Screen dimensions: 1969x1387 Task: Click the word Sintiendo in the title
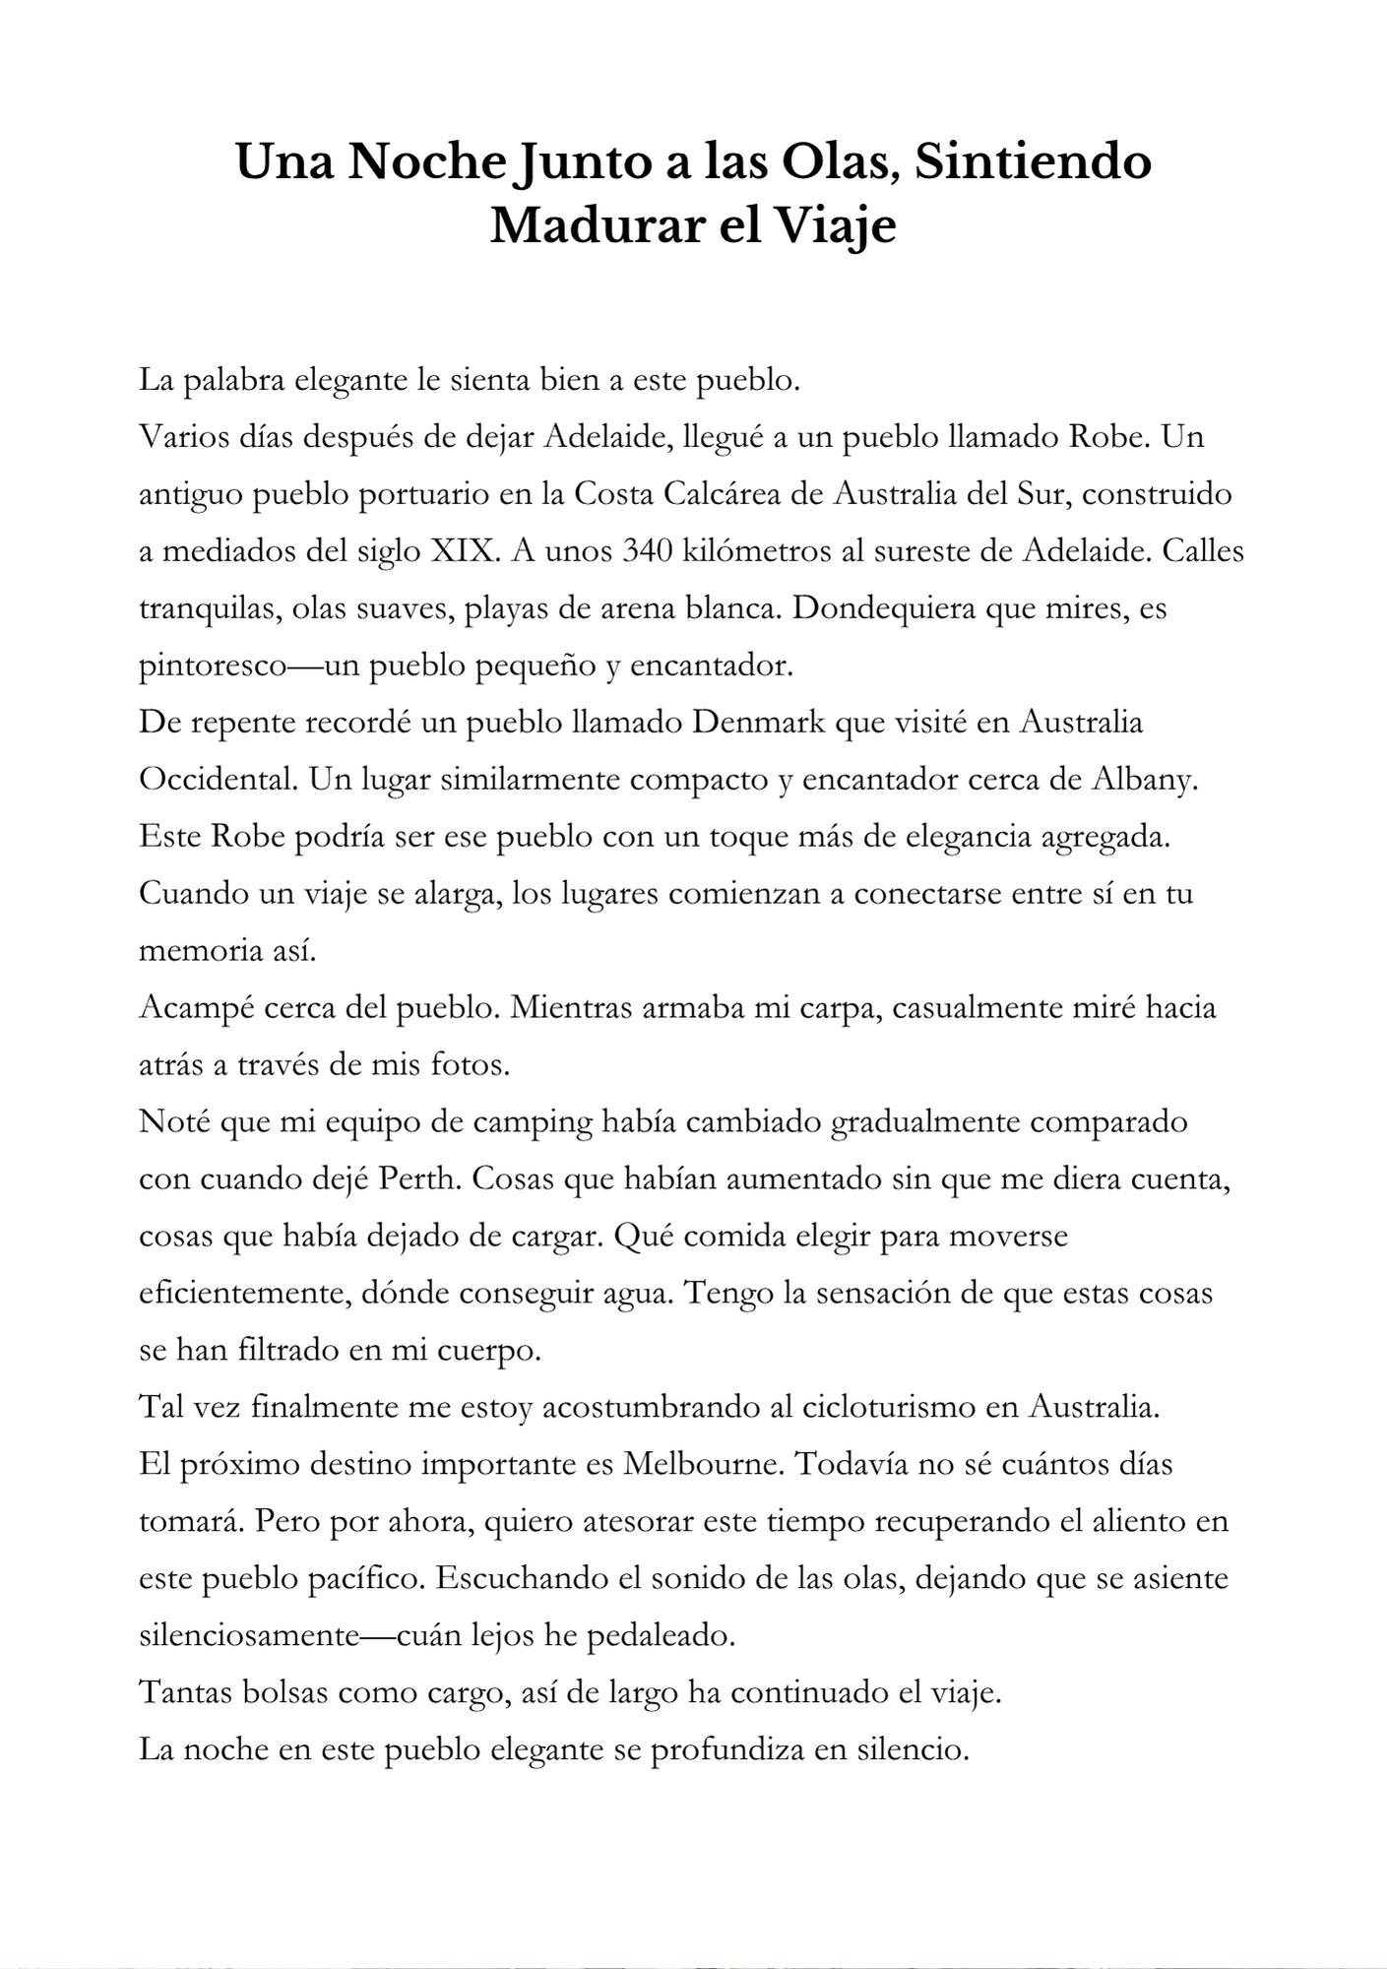[x=1033, y=162]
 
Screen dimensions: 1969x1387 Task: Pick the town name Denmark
[x=758, y=723]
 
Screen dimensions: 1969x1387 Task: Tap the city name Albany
[x=1145, y=780]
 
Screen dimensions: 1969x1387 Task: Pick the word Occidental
[x=217, y=780]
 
